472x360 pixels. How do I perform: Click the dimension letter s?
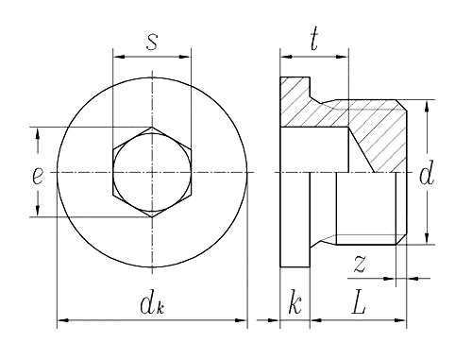tap(152, 43)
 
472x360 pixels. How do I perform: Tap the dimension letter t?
tap(314, 39)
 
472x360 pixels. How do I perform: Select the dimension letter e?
tap(38, 176)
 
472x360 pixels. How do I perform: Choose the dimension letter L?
tap(359, 304)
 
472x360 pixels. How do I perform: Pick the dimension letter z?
tap(360, 264)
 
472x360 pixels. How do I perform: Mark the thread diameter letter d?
tap(427, 172)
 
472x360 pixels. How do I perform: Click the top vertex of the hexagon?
tap(152, 128)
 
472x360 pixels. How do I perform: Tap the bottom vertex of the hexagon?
tap(152, 217)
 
